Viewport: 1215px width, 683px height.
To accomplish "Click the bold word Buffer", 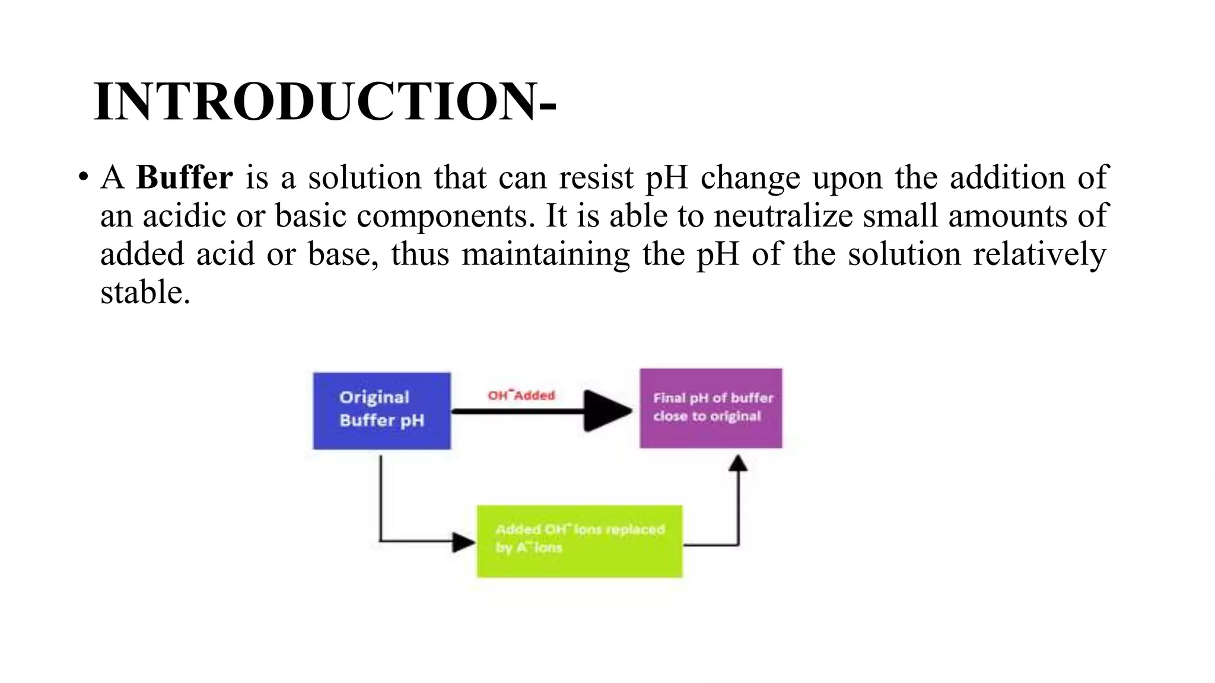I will (x=185, y=177).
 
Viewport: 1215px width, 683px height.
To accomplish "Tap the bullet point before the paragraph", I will (x=83, y=177).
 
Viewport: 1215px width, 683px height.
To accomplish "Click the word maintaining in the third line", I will (x=545, y=254).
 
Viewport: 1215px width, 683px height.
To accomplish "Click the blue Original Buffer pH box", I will (x=381, y=410).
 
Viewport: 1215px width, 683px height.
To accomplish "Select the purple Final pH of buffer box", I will (x=711, y=408).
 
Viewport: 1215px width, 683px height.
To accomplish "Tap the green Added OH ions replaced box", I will (x=580, y=541).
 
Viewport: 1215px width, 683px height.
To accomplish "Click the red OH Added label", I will (x=521, y=395).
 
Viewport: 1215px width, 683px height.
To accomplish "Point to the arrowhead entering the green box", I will (x=463, y=541).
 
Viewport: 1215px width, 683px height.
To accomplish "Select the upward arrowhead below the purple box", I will (x=737, y=464).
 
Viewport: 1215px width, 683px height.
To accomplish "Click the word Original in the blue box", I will (x=374, y=397).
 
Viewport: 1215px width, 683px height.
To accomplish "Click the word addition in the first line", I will (x=1007, y=177).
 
